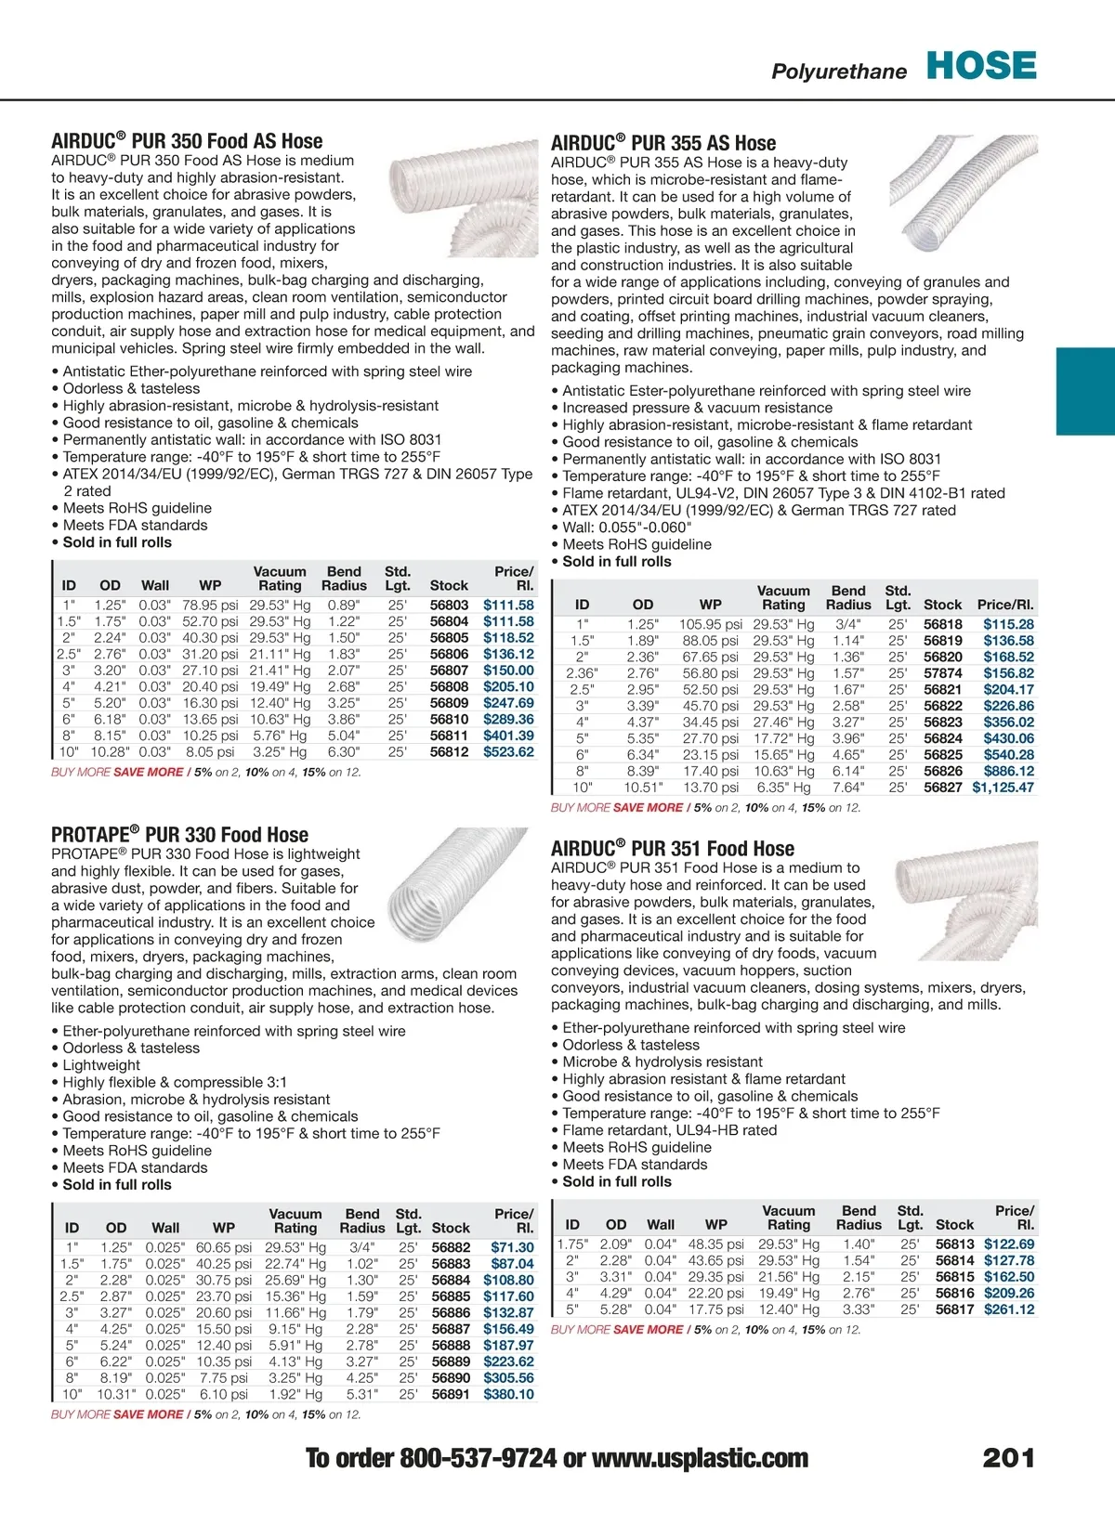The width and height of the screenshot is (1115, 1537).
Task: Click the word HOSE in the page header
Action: click(x=981, y=66)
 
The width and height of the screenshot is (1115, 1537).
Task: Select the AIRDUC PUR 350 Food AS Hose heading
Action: click(x=187, y=141)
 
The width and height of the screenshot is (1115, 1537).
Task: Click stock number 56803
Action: click(x=449, y=606)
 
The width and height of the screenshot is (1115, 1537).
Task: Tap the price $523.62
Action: click(x=508, y=752)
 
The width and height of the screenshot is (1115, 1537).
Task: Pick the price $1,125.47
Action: click(x=1003, y=788)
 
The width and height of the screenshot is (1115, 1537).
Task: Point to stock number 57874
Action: click(x=942, y=673)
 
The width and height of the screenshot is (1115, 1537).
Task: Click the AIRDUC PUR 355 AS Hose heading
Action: click(x=663, y=143)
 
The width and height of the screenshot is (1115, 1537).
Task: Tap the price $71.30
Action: click(x=512, y=1248)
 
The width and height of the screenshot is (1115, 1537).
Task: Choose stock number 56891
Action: click(x=451, y=1394)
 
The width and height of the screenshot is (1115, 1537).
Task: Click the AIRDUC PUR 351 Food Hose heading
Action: click(x=673, y=849)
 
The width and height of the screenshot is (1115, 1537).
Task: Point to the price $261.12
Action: click(x=1009, y=1309)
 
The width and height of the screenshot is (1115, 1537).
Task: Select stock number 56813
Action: click(x=954, y=1244)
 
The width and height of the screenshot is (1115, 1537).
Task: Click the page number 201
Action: click(x=1008, y=1458)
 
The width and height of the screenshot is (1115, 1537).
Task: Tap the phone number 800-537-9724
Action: click(x=478, y=1458)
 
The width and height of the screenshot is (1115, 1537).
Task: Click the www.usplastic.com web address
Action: click(x=700, y=1458)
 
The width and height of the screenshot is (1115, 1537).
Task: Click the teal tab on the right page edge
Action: click(x=1085, y=391)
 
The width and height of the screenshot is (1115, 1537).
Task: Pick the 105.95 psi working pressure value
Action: click(x=710, y=625)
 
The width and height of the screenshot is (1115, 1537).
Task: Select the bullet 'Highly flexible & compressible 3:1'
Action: click(x=175, y=1082)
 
